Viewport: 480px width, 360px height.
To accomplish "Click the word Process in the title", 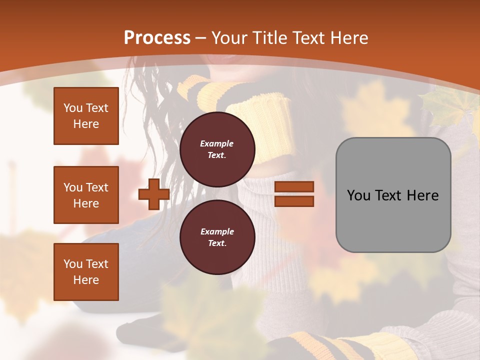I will [x=157, y=37].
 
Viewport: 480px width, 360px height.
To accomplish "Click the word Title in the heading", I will [x=270, y=38].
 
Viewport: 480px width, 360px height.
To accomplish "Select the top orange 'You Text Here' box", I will [x=86, y=116].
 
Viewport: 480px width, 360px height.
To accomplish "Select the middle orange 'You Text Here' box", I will [x=86, y=195].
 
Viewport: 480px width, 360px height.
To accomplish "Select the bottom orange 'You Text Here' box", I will [x=86, y=272].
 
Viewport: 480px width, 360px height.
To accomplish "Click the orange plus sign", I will [x=153, y=194].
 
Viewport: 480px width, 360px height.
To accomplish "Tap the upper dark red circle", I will [x=217, y=149].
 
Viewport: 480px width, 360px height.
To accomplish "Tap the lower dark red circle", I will [x=217, y=237].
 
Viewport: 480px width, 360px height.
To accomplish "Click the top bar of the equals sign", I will [x=294, y=187].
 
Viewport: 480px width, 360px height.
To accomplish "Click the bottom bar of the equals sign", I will [x=294, y=201].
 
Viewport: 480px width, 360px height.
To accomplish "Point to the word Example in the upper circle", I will [x=217, y=143].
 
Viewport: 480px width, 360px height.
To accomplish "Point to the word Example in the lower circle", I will [x=217, y=231].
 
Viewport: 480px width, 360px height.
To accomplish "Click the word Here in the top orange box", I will [x=86, y=124].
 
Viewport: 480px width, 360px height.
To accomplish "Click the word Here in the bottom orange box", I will [x=86, y=280].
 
